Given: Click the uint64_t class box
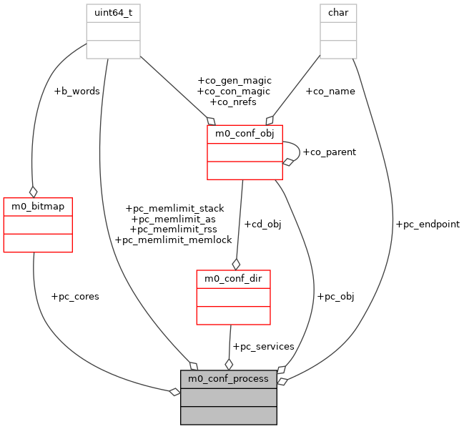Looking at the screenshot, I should (x=113, y=31).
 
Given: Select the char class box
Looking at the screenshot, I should (x=337, y=31).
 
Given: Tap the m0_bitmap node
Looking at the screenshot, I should (x=38, y=225).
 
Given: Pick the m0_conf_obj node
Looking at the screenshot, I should (x=245, y=152).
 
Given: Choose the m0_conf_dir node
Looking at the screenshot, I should (x=233, y=297).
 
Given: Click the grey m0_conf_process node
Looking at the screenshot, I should (x=228, y=398).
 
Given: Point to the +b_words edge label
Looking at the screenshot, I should (x=76, y=92).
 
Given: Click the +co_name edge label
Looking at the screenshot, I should (x=330, y=92).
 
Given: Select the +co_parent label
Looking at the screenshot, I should (x=329, y=152).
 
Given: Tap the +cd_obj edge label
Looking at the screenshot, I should (x=262, y=225).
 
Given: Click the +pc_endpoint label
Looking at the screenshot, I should (x=428, y=225).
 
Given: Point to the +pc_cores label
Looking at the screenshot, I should (x=75, y=297).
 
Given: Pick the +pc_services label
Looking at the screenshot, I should (x=263, y=347).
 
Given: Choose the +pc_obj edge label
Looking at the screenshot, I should (x=335, y=297).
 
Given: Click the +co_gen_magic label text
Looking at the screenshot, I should (x=234, y=81).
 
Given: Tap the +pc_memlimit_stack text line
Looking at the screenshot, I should (x=174, y=208).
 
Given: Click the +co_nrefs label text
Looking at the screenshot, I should (x=233, y=102).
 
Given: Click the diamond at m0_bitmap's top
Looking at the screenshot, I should (x=33, y=192).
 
